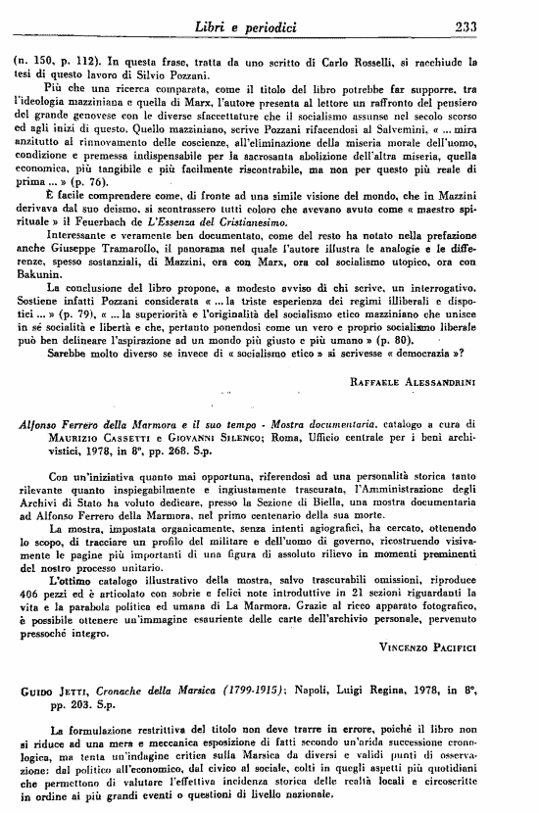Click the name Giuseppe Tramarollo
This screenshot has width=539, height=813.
click(x=120, y=275)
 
